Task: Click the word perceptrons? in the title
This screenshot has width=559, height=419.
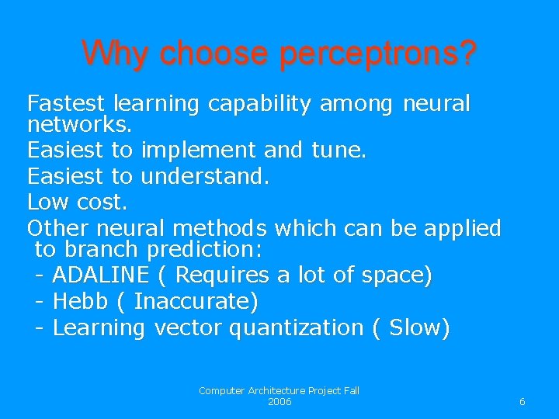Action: tap(378, 54)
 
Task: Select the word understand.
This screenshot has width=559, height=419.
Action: tap(205, 176)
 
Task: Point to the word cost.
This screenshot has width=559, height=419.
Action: tap(102, 203)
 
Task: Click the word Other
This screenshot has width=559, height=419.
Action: tap(58, 228)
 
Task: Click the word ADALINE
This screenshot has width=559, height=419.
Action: tap(100, 275)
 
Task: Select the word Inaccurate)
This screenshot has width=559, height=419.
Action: tap(196, 301)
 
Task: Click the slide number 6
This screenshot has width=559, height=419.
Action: tap(522, 402)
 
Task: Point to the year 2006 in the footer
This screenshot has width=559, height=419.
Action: tap(279, 402)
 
